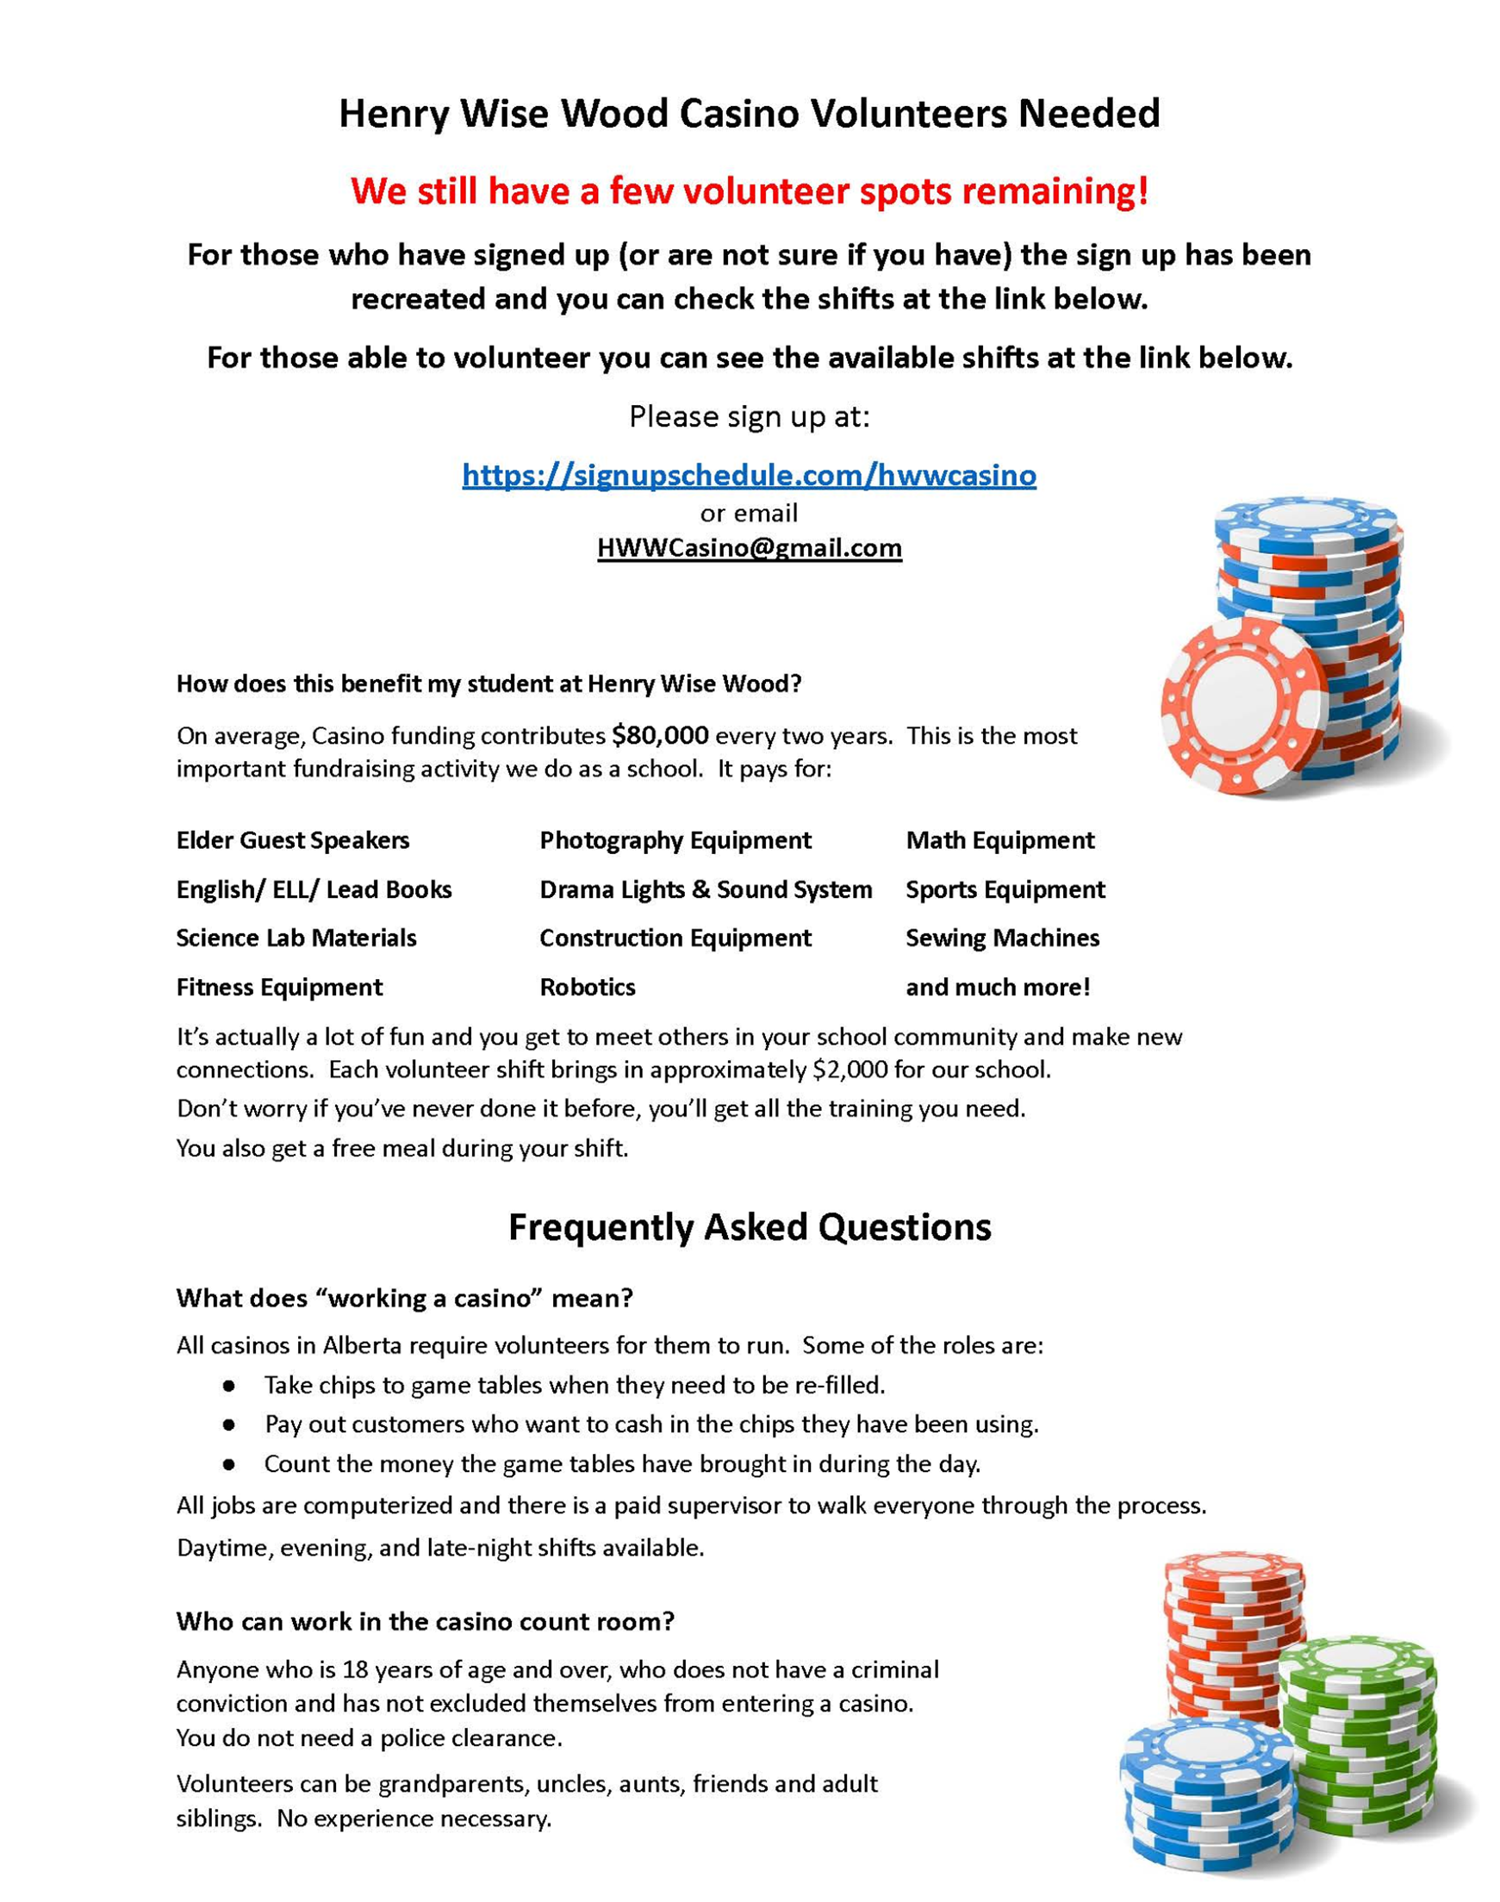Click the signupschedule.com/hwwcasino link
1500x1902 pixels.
[x=748, y=475]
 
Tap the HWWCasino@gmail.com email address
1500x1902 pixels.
[x=749, y=547]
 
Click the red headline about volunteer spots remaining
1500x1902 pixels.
[x=749, y=190]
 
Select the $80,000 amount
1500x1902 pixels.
[x=660, y=735]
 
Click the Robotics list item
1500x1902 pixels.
[x=587, y=987]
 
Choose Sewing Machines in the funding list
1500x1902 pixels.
[x=1002, y=938]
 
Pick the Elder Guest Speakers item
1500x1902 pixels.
[x=292, y=840]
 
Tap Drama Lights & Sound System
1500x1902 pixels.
[x=706, y=889]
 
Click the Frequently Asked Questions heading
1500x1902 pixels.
[x=749, y=1226]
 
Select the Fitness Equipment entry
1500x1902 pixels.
[x=279, y=987]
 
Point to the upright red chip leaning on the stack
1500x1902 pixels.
[x=1244, y=703]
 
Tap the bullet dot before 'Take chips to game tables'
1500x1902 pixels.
[x=229, y=1386]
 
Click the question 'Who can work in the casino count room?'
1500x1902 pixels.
[x=425, y=1621]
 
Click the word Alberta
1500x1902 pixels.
[x=362, y=1346]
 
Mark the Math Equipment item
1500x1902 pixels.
[x=999, y=840]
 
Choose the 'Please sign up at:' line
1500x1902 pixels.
[x=749, y=416]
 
